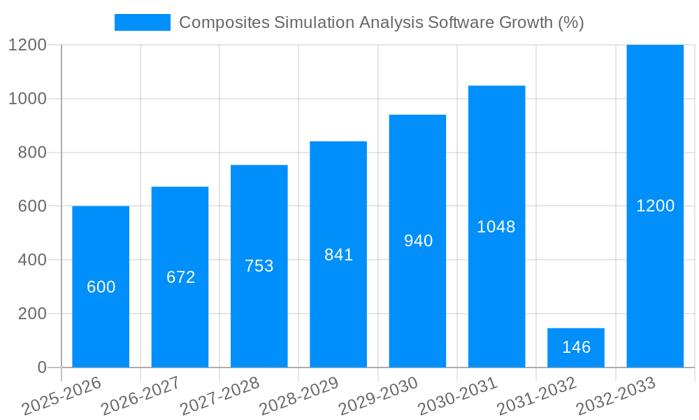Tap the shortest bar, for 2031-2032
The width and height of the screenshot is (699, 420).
pyautogui.click(x=576, y=347)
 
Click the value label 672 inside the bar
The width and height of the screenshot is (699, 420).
pyautogui.click(x=180, y=277)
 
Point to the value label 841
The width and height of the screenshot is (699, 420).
pyautogui.click(x=338, y=255)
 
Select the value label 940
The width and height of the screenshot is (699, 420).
pyautogui.click(x=418, y=241)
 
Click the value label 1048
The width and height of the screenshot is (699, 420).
pyautogui.click(x=496, y=227)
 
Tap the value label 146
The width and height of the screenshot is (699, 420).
pyautogui.click(x=576, y=347)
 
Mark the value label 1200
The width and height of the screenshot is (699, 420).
pyautogui.click(x=655, y=206)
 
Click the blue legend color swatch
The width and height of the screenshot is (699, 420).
pyautogui.click(x=143, y=22)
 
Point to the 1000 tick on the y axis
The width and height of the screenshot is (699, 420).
pyautogui.click(x=27, y=99)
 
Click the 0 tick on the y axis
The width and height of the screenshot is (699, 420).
pyautogui.click(x=41, y=367)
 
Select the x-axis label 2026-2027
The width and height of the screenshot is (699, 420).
pyautogui.click(x=140, y=397)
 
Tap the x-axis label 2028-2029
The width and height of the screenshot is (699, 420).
pyautogui.click(x=299, y=397)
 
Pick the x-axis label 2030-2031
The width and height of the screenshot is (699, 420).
pyautogui.click(x=458, y=397)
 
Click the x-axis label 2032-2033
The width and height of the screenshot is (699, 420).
pyautogui.click(x=617, y=397)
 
